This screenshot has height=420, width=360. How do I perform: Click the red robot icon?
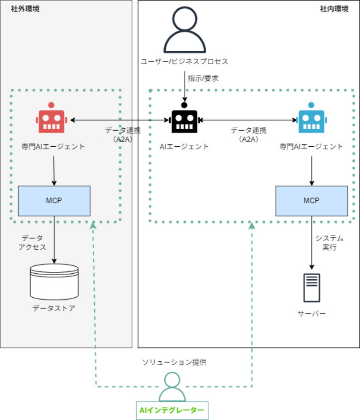click(x=52, y=120)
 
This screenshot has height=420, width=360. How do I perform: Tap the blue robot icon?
click(x=312, y=120)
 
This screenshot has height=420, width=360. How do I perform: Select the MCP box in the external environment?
click(x=54, y=201)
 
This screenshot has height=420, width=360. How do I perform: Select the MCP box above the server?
click(x=312, y=201)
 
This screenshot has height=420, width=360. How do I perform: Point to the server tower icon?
click(x=312, y=288)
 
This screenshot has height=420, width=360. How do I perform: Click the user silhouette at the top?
click(x=184, y=30)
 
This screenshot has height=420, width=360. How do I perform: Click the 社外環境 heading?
click(x=25, y=9)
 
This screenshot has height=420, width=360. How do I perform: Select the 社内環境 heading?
click(x=334, y=9)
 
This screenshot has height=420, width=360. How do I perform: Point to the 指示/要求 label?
click(x=203, y=78)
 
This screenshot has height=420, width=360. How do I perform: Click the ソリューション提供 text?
click(x=174, y=362)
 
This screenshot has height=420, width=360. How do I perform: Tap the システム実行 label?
click(x=329, y=242)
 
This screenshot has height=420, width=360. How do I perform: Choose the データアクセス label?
click(x=32, y=242)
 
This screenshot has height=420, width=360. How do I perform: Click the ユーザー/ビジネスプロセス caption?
click(x=185, y=61)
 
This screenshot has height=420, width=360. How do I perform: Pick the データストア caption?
click(x=54, y=308)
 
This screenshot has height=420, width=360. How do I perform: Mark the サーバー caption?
click(x=312, y=314)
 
